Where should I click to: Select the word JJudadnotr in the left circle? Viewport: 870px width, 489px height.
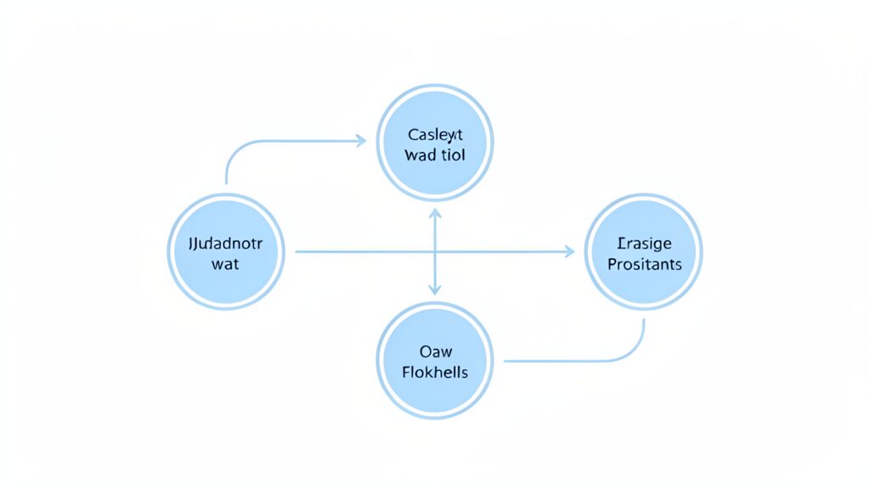tap(226, 244)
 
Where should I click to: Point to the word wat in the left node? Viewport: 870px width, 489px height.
tap(225, 264)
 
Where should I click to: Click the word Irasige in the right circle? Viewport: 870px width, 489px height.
tap(644, 243)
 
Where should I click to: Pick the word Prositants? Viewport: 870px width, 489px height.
tap(644, 264)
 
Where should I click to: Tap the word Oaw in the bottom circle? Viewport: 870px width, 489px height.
tap(435, 351)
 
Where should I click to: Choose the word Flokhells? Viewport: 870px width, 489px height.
tap(435, 372)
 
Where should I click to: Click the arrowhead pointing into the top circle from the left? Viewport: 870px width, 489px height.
tap(361, 141)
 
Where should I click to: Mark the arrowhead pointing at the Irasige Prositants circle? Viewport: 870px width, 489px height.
tap(569, 251)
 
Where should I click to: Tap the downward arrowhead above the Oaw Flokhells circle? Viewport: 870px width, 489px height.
tap(435, 289)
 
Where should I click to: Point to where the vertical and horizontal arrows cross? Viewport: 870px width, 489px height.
tap(435, 251)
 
